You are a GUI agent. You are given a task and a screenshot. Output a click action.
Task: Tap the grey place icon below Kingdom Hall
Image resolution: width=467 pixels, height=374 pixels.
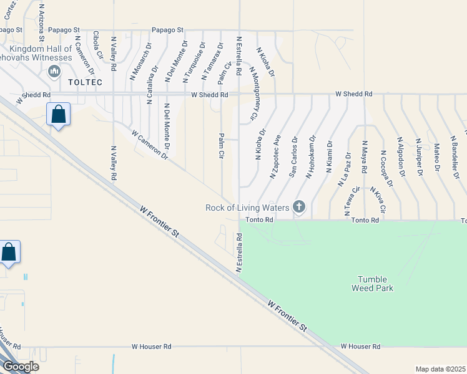pos(53,70)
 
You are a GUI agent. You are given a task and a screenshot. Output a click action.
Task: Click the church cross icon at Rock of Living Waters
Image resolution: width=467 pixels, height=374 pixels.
pos(298,207)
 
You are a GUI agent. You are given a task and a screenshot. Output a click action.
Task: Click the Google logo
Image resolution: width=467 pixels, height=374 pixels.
pos(20,367)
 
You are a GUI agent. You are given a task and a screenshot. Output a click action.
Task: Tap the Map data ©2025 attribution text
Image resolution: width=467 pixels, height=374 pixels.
pos(440,369)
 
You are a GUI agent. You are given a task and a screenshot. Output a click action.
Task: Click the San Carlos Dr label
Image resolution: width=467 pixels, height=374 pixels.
pos(292,156)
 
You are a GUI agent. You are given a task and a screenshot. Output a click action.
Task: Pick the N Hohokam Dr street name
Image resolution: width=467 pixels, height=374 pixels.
pos(309,157)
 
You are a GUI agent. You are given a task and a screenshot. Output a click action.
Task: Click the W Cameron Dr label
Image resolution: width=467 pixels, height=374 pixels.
pos(150,145)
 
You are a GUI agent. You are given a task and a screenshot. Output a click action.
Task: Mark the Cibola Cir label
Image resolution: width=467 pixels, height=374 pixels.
pos(97,46)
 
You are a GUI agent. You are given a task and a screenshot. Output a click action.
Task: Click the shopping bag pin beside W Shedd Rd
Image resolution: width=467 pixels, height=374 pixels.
pos(58,114)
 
